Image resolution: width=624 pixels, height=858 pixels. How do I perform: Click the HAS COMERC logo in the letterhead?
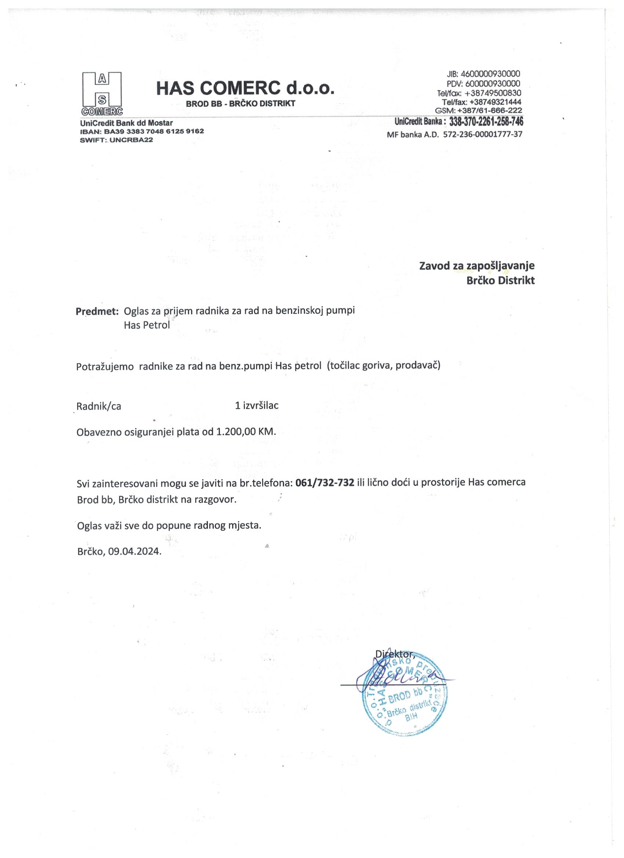[101, 93]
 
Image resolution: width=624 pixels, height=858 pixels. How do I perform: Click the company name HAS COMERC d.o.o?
[245, 88]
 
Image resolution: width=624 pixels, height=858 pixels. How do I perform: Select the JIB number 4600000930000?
[490, 73]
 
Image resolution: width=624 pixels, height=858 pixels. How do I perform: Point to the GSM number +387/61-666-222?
[489, 110]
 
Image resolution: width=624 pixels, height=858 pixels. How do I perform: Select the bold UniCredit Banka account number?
[486, 122]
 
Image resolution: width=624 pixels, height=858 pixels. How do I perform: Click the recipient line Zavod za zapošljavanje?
[477, 266]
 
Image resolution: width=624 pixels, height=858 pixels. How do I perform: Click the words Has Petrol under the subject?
[147, 325]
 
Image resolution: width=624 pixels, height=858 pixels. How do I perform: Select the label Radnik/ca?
[99, 407]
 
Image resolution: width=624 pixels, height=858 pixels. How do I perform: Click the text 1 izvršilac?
[257, 406]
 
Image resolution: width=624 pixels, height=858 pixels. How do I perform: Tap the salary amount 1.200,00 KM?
[246, 432]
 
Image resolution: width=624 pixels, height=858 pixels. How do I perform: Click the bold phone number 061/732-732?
[324, 483]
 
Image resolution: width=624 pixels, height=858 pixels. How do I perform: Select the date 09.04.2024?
[135, 551]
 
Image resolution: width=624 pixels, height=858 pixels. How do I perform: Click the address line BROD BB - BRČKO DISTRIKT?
[241, 103]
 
